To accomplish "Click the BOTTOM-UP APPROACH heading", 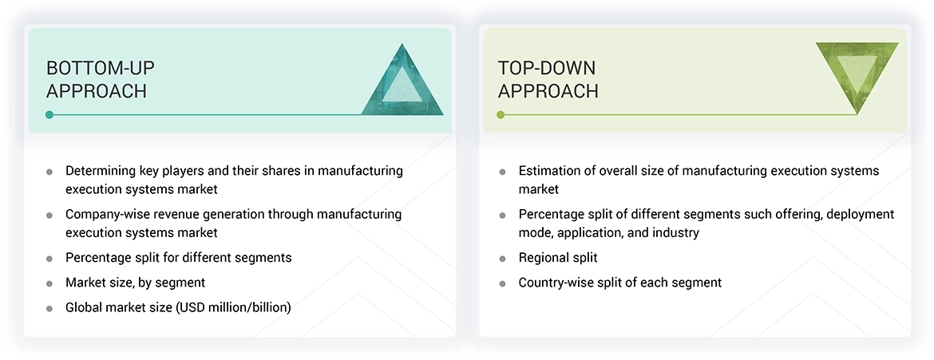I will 97,79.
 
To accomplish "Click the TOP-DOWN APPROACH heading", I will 548,79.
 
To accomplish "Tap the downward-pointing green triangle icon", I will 857,75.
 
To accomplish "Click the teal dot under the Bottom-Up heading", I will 49,115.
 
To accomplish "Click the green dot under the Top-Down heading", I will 501,115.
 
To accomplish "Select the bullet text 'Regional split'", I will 557,258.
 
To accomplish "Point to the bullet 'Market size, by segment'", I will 135,283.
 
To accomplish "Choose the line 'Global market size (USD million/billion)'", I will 178,307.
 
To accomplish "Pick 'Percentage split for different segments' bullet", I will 178,258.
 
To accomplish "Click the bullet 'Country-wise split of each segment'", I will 619,283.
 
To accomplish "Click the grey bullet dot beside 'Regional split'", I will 502,259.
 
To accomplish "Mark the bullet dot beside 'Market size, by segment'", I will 49,283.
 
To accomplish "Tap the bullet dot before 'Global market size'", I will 49,308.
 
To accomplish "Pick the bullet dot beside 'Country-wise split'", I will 502,283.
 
